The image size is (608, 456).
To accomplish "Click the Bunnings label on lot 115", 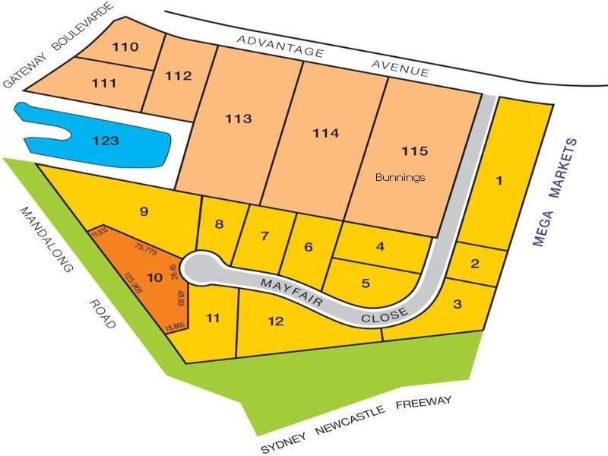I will point(401,178).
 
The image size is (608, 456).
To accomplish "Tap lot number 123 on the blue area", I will point(106,141).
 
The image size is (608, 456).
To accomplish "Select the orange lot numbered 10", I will point(154,278).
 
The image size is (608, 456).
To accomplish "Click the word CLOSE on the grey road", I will point(385,314).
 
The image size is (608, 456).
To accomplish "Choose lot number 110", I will point(125,47).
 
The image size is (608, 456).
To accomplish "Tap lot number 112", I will point(177,76).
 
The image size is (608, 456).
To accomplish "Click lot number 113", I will point(238,119).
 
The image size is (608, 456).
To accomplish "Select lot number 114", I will point(325,133).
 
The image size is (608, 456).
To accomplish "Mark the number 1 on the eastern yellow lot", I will point(499,181).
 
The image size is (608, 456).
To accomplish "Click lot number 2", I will point(475,264).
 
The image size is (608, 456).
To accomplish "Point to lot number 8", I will point(220,224).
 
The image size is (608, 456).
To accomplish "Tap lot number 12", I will point(276,321).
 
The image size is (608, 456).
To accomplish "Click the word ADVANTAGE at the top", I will point(280,46).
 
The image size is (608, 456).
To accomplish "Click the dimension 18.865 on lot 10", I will point(175,327).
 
